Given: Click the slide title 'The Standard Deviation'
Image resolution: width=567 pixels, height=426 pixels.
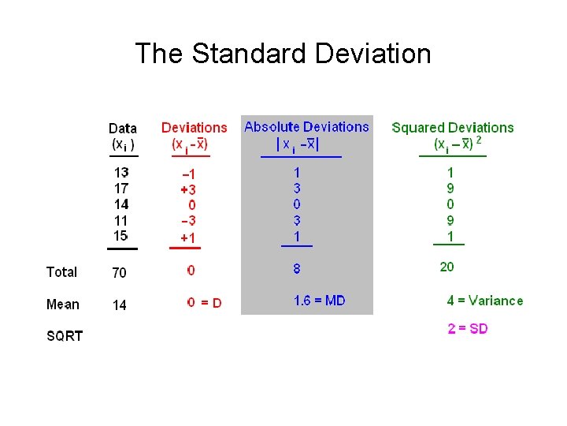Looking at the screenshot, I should tap(283, 54).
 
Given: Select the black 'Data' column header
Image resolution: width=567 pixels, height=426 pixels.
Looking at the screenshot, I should tap(122, 128).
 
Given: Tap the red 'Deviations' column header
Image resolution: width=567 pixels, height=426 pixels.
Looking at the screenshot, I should tap(194, 127).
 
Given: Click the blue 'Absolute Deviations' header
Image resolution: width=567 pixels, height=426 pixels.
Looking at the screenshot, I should tap(306, 126).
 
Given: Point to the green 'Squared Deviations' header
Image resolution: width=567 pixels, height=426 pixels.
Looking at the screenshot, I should tap(452, 127).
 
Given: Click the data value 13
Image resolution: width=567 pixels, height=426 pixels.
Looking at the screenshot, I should tap(120, 173).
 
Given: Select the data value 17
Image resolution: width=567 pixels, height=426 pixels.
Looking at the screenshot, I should tap(120, 189).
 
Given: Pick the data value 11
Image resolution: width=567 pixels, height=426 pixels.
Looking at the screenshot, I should tap(120, 220).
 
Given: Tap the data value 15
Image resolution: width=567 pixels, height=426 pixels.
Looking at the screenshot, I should tap(120, 236).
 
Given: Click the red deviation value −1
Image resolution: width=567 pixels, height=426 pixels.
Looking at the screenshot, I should tap(189, 174).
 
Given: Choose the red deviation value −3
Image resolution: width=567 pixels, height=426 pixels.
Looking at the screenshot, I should tap(189, 221).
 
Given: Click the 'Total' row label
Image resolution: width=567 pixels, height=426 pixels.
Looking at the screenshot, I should tap(61, 272).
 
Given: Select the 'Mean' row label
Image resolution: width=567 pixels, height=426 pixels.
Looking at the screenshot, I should tap(63, 305).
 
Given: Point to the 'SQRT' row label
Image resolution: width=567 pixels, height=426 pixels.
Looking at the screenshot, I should tap(65, 336).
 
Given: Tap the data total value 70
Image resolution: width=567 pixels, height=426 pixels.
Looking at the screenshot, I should tap(119, 273).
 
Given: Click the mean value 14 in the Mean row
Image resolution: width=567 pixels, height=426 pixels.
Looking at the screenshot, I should tap(119, 305).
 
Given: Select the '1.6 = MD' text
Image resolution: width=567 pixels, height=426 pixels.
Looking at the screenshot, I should tap(319, 301).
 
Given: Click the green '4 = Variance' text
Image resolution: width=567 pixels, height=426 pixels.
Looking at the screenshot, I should tap(484, 301).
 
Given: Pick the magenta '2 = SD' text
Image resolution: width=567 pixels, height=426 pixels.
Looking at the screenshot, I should tap(468, 329).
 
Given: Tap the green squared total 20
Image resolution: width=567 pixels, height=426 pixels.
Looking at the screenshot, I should tap(447, 267).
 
